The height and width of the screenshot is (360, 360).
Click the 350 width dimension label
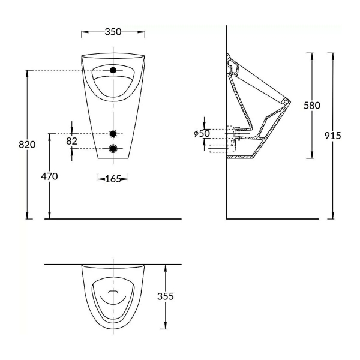(x=113, y=32)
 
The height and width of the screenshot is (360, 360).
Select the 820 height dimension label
(x=28, y=145)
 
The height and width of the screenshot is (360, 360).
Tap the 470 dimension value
(x=50, y=176)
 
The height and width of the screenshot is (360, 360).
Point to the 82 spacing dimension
(x=72, y=140)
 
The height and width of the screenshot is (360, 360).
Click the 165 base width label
(x=113, y=178)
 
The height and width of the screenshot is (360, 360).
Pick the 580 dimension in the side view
(x=311, y=106)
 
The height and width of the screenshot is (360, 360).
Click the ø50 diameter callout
(x=202, y=133)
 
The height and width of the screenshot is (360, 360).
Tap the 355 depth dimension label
(x=166, y=296)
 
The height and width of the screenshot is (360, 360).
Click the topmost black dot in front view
(x=113, y=71)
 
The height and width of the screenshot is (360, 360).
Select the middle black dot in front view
(x=113, y=133)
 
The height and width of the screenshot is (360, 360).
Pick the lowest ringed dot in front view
(x=113, y=148)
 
